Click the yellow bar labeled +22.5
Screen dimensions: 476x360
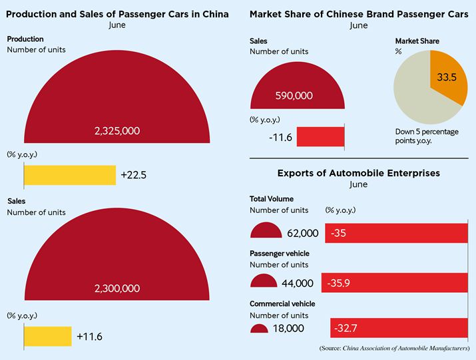70,175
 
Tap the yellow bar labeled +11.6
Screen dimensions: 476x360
48,336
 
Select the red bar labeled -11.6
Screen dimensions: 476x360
321,136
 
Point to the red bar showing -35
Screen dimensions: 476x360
397,233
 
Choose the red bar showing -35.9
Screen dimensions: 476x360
395,283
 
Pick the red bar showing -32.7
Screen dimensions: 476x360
399,328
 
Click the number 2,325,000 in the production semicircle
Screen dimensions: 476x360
117,131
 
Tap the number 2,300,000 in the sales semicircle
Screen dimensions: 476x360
117,288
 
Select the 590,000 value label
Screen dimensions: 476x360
294,96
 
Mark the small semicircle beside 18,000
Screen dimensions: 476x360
259,329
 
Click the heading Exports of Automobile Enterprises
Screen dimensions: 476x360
359,173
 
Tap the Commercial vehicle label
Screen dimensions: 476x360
282,304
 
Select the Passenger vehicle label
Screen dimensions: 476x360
280,254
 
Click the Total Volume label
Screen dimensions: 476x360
272,199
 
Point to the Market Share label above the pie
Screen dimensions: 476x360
417,41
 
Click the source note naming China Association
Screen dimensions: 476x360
394,348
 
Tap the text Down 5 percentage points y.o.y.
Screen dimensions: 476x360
427,136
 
